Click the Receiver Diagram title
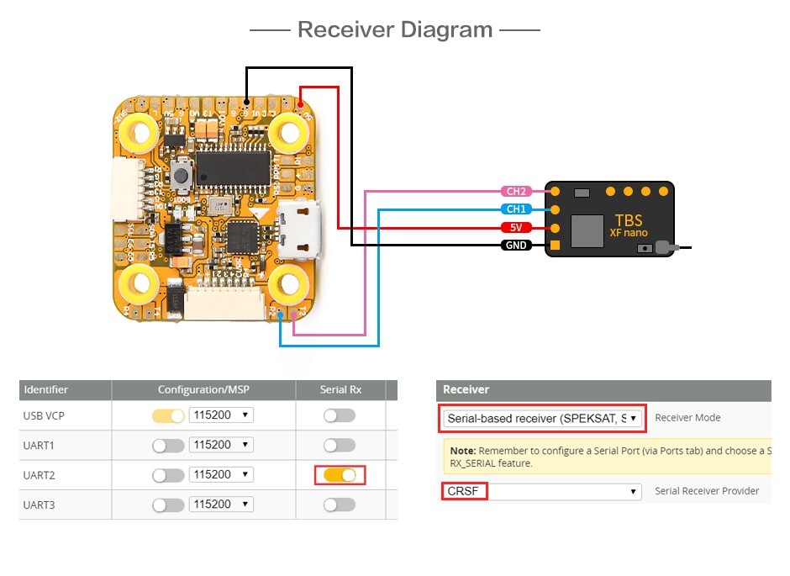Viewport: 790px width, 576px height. click(395, 30)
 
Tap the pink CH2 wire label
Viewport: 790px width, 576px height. click(516, 192)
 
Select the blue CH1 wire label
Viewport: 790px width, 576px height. click(516, 209)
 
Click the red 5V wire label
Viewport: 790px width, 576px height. click(516, 228)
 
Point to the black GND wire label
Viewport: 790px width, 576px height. click(516, 246)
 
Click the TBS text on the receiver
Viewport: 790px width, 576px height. click(626, 220)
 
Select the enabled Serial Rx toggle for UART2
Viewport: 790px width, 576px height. click(340, 475)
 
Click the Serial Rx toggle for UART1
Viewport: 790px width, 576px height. click(340, 445)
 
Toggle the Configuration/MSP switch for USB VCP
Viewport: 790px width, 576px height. click(168, 415)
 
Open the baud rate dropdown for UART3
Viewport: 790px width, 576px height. click(221, 505)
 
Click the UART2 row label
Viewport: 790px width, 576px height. click(40, 475)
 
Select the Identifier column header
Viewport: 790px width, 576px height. click(46, 389)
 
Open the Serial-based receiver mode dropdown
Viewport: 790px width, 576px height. click(542, 418)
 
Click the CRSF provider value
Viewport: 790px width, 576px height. click(464, 491)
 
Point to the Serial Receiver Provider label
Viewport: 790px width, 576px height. click(707, 491)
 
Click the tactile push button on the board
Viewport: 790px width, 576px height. click(182, 177)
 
